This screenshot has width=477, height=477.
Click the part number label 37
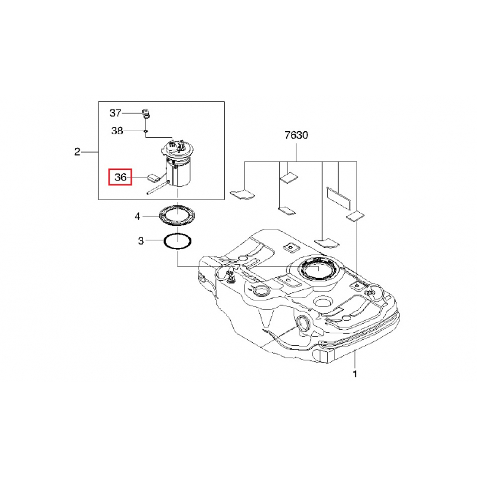pos(115,113)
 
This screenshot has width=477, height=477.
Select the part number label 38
pos(117,131)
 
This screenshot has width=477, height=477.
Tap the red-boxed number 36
pos(120,177)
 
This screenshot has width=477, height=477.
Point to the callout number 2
pos(78,151)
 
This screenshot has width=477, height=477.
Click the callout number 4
pos(138,216)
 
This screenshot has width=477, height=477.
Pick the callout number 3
pos(141,241)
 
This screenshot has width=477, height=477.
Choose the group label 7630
pos(296,135)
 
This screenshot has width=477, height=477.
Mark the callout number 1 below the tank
pos(355,374)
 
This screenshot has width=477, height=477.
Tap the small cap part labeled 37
pos(146,113)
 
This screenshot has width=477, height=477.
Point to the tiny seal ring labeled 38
pos(146,131)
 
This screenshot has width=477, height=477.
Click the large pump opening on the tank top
pos(318,269)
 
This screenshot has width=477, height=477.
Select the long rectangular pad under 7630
pos(338,197)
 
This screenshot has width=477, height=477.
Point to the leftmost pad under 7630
pos(242,193)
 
